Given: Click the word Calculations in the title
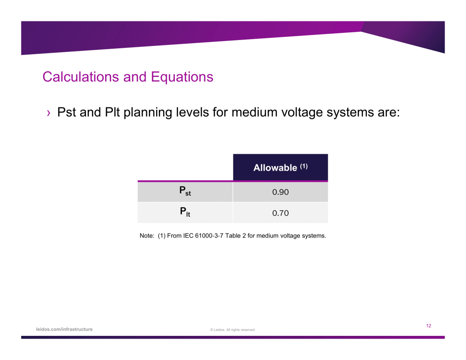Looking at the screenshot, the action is [81, 77].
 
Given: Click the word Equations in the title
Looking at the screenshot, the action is [182, 77].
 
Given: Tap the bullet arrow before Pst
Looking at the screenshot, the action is [48, 113].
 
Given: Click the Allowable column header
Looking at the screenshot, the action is [275, 167].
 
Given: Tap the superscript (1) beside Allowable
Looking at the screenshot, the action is [304, 166].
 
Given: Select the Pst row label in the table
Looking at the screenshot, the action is [185, 191].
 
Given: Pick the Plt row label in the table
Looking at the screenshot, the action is [185, 212].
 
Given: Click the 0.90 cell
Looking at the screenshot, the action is [280, 192].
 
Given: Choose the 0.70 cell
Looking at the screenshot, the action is [280, 213].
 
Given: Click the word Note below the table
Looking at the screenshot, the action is [147, 236].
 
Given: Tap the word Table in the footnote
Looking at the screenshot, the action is [233, 236].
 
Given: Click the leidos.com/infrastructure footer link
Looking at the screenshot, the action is [64, 330].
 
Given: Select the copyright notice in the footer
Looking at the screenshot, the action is [233, 330].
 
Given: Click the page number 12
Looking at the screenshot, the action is [429, 326].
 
